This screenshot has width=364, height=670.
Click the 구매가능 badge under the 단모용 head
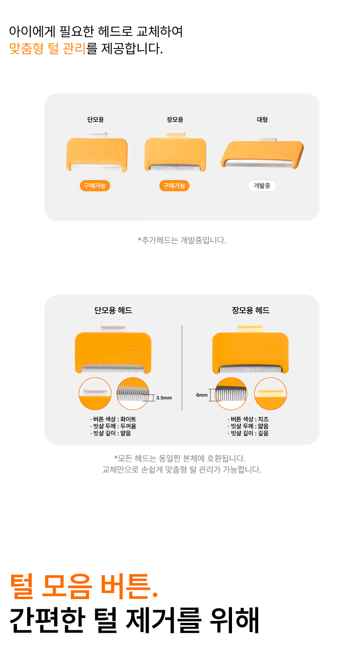[x=95, y=186]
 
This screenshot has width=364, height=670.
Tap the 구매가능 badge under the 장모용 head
[x=174, y=186]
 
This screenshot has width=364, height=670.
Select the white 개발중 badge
[x=262, y=186]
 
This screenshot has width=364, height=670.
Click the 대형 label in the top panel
[x=262, y=119]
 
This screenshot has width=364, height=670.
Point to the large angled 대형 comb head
[x=262, y=153]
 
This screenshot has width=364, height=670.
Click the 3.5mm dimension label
[x=164, y=398]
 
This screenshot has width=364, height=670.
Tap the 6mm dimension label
[x=202, y=395]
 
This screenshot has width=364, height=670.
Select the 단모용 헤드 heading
[x=113, y=310]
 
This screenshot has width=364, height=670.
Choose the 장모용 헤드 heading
[x=250, y=310]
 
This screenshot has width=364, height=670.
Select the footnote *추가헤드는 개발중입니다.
[x=182, y=240]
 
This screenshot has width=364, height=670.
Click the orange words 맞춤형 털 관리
[x=47, y=49]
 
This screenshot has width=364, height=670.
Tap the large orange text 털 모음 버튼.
[x=84, y=587]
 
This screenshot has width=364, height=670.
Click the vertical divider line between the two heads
[x=182, y=368]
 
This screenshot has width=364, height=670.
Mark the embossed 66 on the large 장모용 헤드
[x=272, y=350]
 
